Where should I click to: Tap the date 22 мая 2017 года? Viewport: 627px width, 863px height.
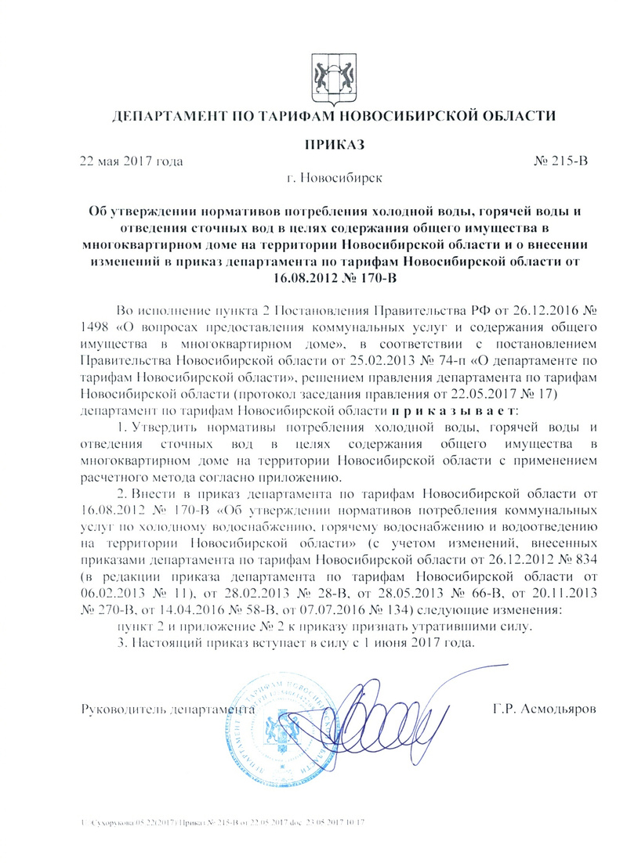click(132, 162)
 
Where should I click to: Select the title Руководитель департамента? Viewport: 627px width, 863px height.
click(168, 709)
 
